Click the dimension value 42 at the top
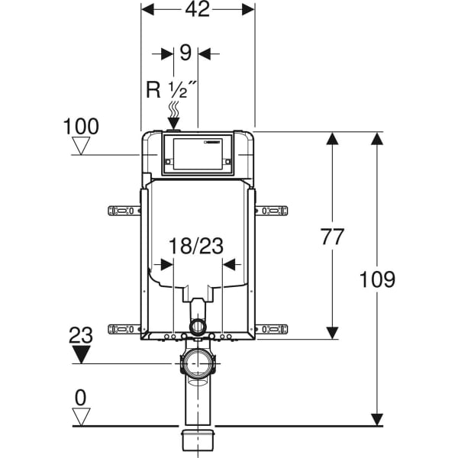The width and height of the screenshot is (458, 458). pyautogui.click(x=197, y=9)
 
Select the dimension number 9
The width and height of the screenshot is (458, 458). pyautogui.click(x=185, y=53)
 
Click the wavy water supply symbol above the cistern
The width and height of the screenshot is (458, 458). pyautogui.click(x=173, y=118)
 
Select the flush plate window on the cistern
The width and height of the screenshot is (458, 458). pyautogui.click(x=198, y=155)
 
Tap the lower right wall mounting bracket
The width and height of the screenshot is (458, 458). pyautogui.click(x=272, y=329)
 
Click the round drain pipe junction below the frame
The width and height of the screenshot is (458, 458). pyautogui.click(x=198, y=361)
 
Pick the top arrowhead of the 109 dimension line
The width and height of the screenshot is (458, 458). pyautogui.click(x=376, y=139)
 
